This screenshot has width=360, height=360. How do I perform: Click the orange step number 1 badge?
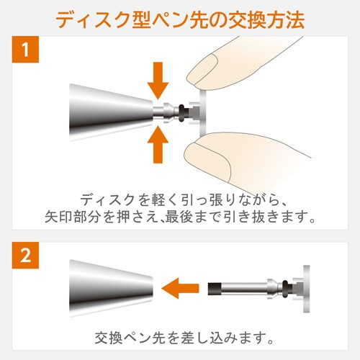tap(25, 50)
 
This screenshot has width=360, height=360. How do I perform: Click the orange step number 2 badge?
tap(25, 255)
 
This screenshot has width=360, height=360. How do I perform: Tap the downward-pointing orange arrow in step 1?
tap(158, 81)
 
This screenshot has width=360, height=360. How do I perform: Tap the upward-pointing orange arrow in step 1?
tap(158, 145)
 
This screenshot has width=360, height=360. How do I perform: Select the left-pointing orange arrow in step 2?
tap(180, 288)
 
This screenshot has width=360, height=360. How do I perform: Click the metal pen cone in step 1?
tap(111, 112)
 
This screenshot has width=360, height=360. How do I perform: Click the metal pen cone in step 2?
tap(111, 288)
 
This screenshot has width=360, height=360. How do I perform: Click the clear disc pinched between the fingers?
tap(202, 112)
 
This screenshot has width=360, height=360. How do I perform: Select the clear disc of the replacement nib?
tap(307, 289)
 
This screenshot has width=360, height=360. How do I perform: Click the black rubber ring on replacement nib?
tap(285, 289)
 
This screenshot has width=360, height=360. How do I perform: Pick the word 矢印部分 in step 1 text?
tap(74, 217)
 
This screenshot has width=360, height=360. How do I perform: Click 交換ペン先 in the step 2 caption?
tap(130, 338)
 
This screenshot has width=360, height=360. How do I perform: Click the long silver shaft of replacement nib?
tap(243, 289)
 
